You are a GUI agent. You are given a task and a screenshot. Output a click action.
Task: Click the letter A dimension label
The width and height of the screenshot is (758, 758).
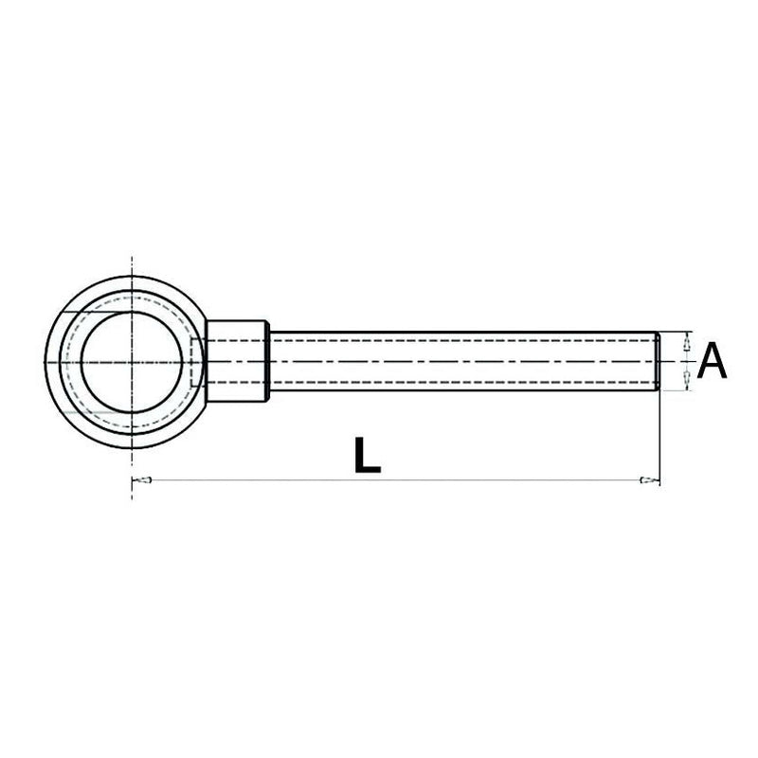coord(712,362)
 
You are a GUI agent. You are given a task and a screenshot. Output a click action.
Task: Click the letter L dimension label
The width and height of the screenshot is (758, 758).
coord(366,455)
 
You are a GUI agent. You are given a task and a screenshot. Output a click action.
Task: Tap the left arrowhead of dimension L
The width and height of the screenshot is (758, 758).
coord(141,481)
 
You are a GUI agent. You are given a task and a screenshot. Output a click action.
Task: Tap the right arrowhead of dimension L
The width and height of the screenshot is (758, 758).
coord(649,481)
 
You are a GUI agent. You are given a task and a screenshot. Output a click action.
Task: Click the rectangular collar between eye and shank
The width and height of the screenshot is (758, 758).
coord(237,361)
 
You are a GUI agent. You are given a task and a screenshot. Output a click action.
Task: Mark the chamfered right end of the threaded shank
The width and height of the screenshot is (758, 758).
coord(656,362)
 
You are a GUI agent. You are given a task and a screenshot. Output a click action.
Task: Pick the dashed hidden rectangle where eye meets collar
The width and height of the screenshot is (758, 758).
coord(196,362)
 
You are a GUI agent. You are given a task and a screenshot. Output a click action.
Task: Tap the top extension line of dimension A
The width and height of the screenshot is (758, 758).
coord(675,332)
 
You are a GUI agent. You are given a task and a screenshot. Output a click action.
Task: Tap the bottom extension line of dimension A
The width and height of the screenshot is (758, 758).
coord(675,391)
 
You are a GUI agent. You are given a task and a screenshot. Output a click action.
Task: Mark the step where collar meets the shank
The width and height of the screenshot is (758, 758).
coord(270,362)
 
